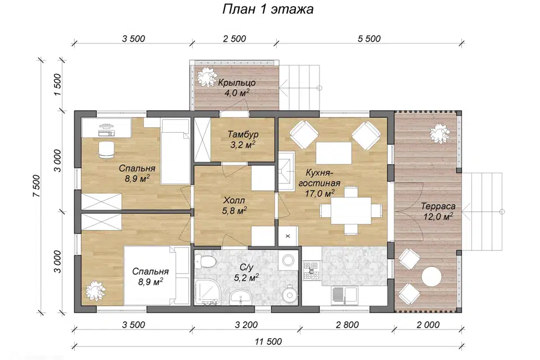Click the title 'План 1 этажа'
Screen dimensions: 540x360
[x=268, y=10]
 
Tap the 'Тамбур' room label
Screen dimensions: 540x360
[x=243, y=134]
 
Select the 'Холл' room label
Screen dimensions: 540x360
[x=234, y=200]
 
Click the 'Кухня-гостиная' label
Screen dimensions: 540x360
[x=319, y=178]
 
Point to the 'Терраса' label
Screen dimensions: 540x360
[x=438, y=206]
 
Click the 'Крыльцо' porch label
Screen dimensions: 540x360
[x=237, y=83]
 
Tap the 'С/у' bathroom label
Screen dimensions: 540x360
[x=246, y=267]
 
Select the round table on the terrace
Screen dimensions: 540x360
[x=431, y=277]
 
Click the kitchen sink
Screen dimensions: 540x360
[x=344, y=295]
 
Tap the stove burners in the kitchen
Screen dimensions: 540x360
[x=312, y=270]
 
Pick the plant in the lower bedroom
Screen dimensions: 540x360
[x=96, y=290]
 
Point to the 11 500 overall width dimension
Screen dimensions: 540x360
[x=268, y=341]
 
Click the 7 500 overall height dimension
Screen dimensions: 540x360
[x=37, y=186]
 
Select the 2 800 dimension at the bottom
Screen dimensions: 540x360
[x=347, y=325]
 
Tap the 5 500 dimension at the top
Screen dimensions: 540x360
[x=369, y=39]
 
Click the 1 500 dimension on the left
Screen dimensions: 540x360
[x=57, y=85]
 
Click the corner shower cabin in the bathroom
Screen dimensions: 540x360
[x=206, y=292]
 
